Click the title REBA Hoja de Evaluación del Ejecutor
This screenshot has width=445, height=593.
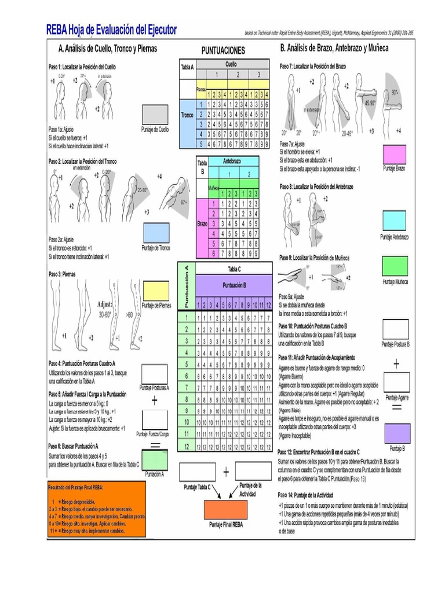click(x=112, y=30)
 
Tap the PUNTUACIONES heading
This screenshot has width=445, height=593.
click(x=222, y=51)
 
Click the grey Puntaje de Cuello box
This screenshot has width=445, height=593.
click(x=155, y=114)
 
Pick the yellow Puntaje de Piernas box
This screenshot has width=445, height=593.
click(x=156, y=291)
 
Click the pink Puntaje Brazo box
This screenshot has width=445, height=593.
click(x=395, y=155)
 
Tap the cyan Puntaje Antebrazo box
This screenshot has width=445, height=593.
click(x=395, y=221)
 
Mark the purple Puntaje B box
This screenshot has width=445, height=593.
click(x=396, y=434)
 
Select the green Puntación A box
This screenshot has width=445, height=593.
click(x=155, y=460)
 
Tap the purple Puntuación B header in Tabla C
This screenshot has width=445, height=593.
click(x=235, y=285)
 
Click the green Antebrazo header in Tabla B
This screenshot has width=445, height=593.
click(x=232, y=161)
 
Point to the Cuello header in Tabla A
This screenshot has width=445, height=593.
click(x=231, y=64)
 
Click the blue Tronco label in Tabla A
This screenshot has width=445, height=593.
click(x=187, y=115)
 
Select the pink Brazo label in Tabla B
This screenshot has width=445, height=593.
click(x=202, y=223)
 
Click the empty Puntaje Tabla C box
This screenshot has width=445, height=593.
click(x=197, y=472)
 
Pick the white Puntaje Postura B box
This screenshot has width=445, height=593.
click(x=396, y=330)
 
